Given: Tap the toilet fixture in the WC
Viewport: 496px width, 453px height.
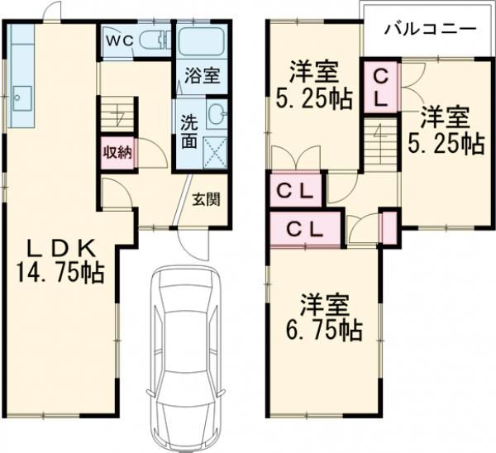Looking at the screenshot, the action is tap(154, 40).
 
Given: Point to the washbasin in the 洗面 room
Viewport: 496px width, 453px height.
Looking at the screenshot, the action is tap(217, 114).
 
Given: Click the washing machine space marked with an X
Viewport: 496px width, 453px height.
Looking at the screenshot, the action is tap(215, 153).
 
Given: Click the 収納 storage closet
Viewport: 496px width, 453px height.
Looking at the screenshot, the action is tap(117, 154).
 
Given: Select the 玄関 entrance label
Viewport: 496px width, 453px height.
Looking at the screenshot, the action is tap(207, 199).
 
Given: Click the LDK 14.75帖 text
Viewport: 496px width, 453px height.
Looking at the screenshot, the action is tap(60, 260).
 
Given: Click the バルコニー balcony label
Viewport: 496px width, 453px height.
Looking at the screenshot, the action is tap(431, 30).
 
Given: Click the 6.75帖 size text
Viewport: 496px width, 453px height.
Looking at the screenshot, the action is tap(324, 331).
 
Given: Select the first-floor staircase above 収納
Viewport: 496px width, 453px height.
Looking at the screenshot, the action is tap(118, 114).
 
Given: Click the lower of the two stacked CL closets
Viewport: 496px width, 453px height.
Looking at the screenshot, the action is tap(306, 228).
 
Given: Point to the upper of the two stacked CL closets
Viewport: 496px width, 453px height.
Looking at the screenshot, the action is tap(295, 190).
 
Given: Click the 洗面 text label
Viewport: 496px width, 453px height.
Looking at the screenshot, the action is tap(189, 132).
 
